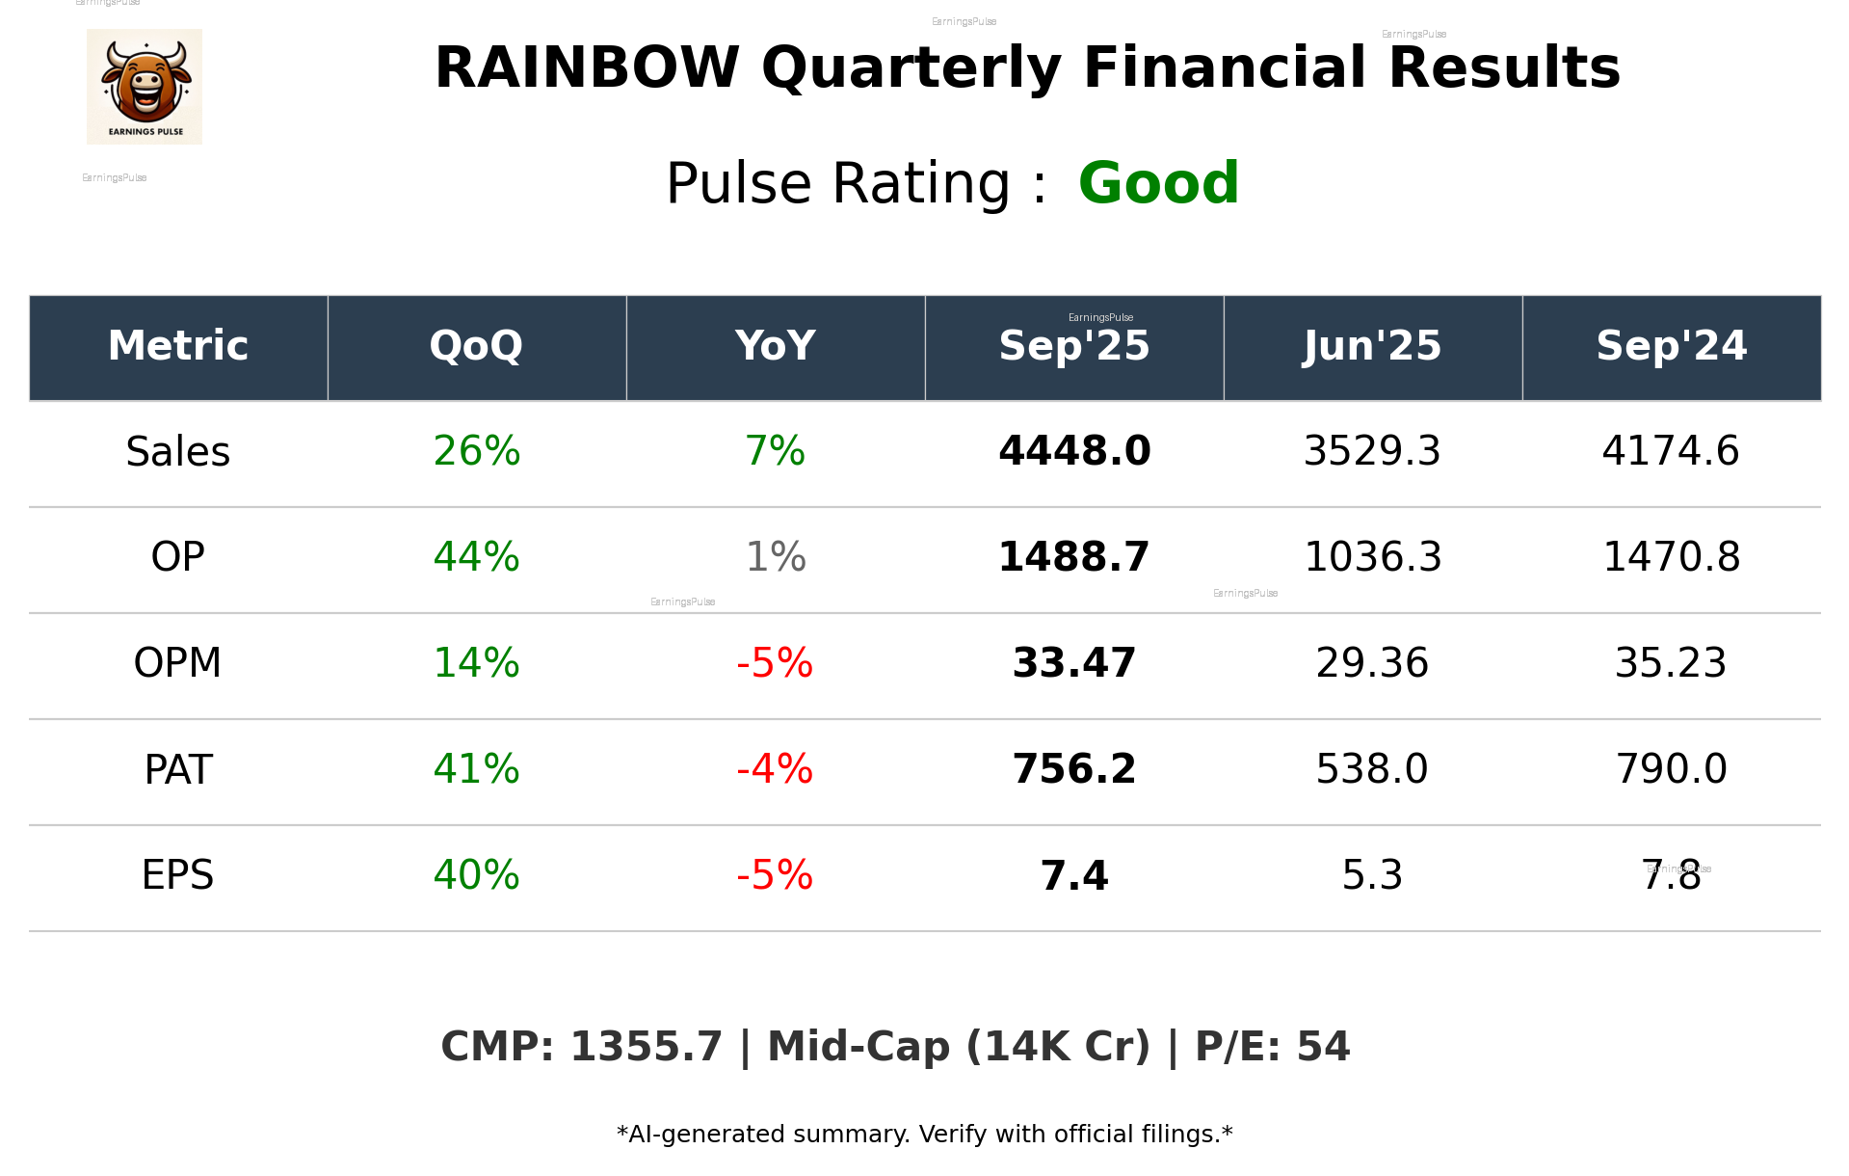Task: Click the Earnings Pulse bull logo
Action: click(145, 86)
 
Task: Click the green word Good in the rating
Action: click(1157, 183)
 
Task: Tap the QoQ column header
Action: click(476, 346)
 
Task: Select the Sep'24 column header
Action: click(1671, 346)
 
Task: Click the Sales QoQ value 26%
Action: click(476, 451)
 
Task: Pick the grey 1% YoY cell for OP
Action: click(776, 557)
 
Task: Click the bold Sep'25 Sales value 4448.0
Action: click(1073, 451)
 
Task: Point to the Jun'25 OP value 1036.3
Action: click(1372, 557)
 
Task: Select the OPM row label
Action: click(177, 663)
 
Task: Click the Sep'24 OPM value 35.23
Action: click(1671, 663)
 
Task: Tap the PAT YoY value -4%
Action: click(775, 769)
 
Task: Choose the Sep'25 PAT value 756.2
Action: click(1073, 769)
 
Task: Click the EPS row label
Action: click(177, 875)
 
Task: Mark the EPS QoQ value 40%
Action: click(476, 875)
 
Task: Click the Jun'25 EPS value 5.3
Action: click(1372, 875)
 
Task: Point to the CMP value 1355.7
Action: click(646, 1047)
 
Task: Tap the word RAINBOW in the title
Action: click(587, 68)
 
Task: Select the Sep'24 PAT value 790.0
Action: click(1671, 769)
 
